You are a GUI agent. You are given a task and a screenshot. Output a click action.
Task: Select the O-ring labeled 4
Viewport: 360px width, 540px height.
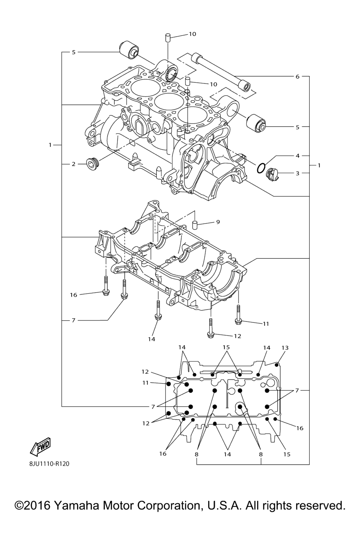[x=261, y=168]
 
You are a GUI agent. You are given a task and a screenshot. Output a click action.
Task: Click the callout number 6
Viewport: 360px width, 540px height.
[x=297, y=76]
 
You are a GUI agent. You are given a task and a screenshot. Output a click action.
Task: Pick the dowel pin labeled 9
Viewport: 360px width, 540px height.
[x=195, y=225]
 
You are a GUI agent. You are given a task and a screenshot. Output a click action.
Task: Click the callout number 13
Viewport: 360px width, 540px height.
[x=285, y=348]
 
